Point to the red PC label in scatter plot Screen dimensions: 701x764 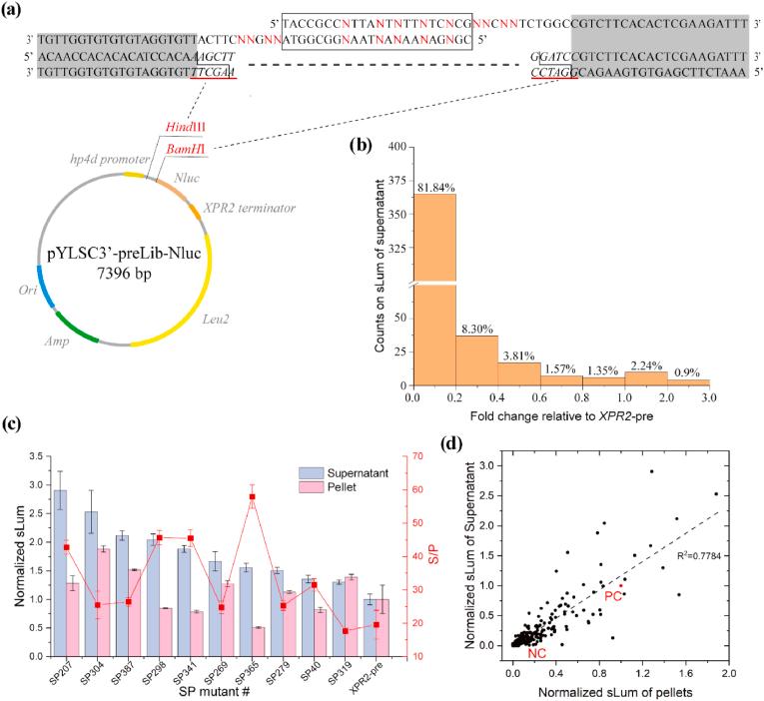[612, 595]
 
